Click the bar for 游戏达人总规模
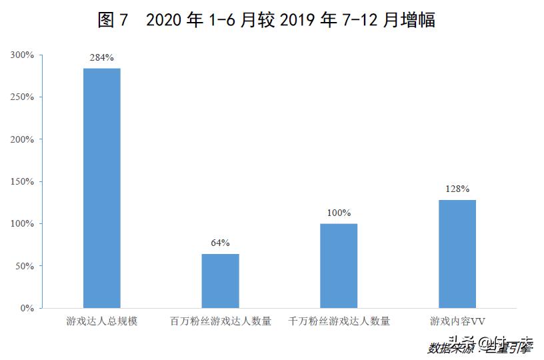click(102, 188)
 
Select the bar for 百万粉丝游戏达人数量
click(220, 281)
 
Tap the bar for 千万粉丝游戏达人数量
click(339, 265)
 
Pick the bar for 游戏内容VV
click(457, 253)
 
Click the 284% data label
click(102, 57)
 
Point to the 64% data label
click(220, 243)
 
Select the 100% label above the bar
click(339, 213)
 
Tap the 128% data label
click(457, 189)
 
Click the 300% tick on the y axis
click(22, 55)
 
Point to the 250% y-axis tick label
click(22, 97)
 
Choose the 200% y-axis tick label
click(22, 139)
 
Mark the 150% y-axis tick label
click(22, 181)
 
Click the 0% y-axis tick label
click(27, 308)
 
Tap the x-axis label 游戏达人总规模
click(102, 321)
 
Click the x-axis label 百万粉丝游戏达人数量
click(220, 321)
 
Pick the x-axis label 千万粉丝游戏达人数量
click(339, 321)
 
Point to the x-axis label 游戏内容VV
click(457, 321)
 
